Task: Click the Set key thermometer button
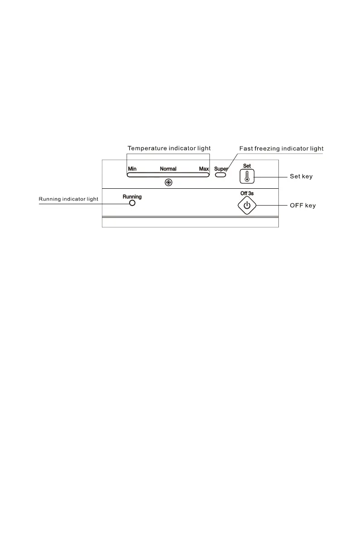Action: pyautogui.click(x=247, y=177)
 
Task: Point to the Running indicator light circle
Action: pyautogui.click(x=132, y=203)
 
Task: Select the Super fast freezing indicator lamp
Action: pyautogui.click(x=221, y=174)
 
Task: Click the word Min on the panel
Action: pyautogui.click(x=132, y=169)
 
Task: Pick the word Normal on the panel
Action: pyautogui.click(x=168, y=169)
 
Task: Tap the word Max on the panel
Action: pyautogui.click(x=204, y=169)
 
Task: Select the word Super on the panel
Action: pyautogui.click(x=221, y=168)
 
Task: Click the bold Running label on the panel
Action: pyautogui.click(x=132, y=196)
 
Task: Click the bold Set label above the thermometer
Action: pyautogui.click(x=247, y=166)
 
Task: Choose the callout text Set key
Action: pyautogui.click(x=301, y=176)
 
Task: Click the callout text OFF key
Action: pyautogui.click(x=303, y=206)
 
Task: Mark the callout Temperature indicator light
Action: pyautogui.click(x=169, y=148)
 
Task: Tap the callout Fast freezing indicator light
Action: pyautogui.click(x=281, y=148)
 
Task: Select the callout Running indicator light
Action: pyautogui.click(x=68, y=199)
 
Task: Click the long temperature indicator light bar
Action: pyautogui.click(x=168, y=174)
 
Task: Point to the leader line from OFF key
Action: pyautogui.click(x=272, y=206)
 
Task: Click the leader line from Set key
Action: pyautogui.click(x=271, y=177)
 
